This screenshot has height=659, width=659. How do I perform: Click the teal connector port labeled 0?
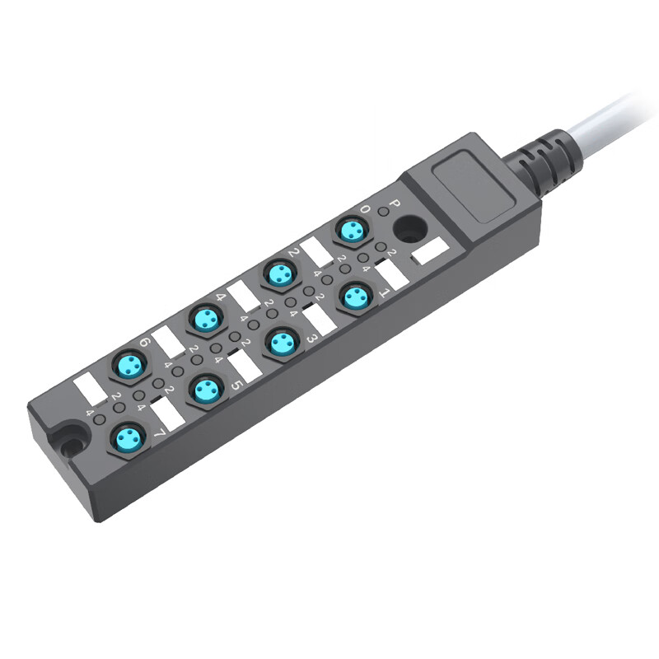click(x=353, y=231)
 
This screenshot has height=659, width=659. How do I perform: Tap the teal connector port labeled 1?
click(x=356, y=297)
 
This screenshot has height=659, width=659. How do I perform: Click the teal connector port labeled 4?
click(x=203, y=317)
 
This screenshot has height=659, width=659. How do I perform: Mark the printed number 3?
click(x=311, y=339)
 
